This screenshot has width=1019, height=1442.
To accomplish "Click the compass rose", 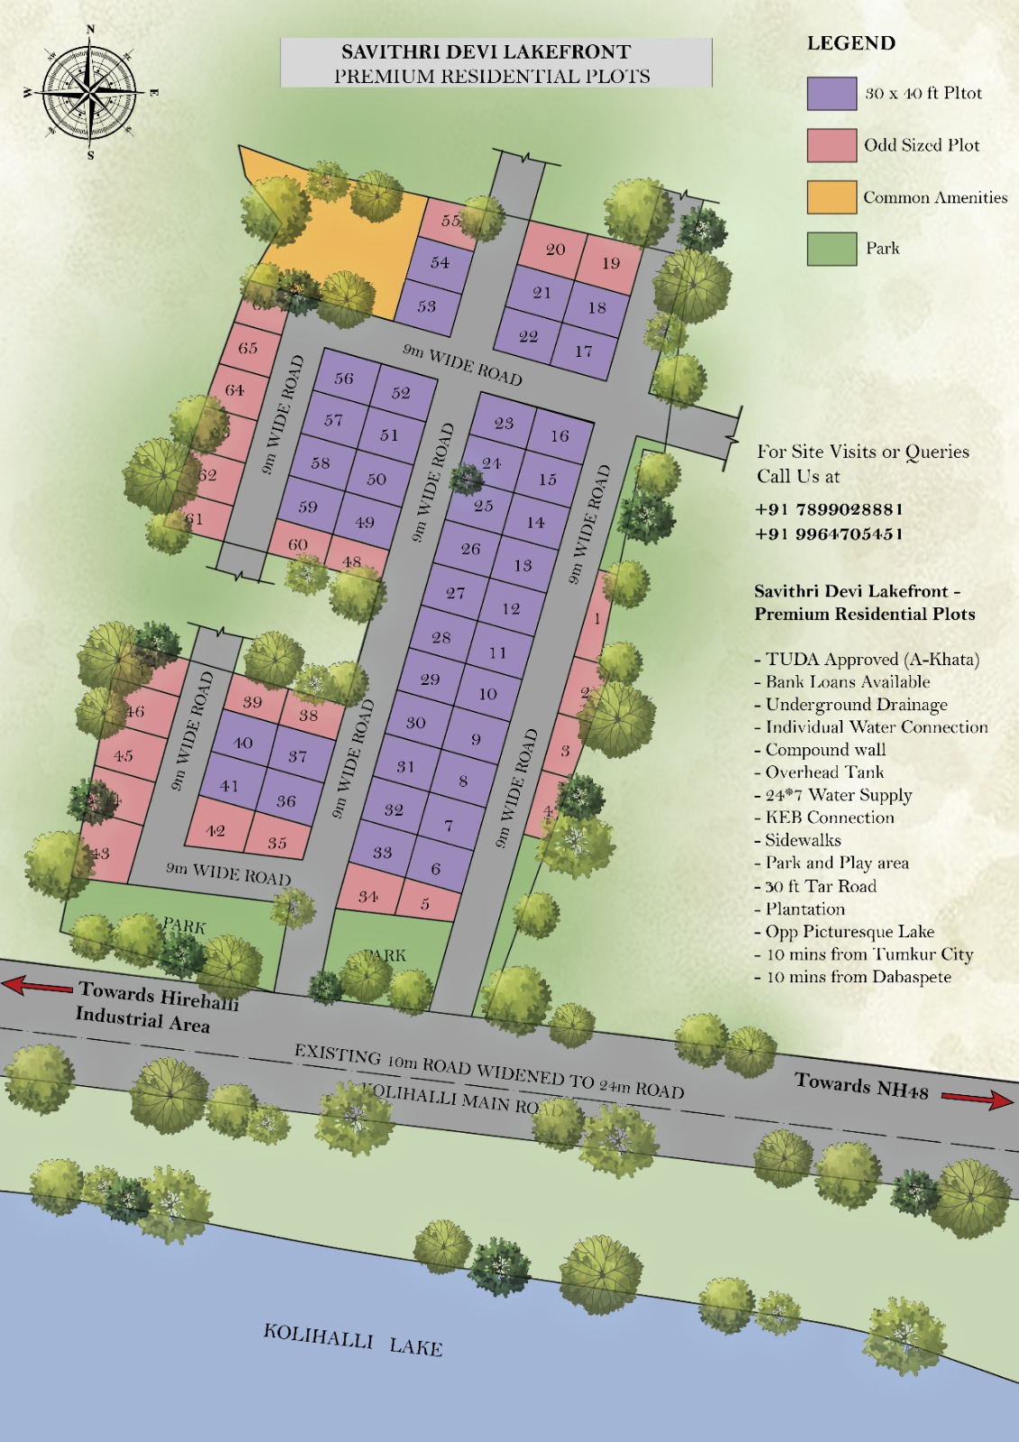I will pos(90,92).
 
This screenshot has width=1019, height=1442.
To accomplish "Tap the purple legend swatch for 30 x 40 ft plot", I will pos(831,94).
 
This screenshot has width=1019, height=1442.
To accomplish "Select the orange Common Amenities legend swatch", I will pos(831,197).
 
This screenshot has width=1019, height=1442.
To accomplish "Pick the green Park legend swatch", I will pos(831,249).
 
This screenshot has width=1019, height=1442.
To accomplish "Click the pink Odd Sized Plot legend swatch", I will pos(831,145).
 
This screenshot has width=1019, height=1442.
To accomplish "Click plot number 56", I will pos(344,379).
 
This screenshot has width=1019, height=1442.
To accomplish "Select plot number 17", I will pos(584,351).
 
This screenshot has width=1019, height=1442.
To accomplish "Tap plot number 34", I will pos(368,896).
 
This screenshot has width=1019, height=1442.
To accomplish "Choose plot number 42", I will pos(215,830).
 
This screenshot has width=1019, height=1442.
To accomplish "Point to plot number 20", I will pos(555,249).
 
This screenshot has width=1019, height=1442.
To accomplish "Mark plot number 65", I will pos(248,348).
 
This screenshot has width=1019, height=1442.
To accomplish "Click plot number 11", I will pos(497,653).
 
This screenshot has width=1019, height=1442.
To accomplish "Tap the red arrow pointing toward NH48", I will pos(977,1098).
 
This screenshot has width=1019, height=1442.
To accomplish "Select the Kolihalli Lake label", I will pos(352,1339).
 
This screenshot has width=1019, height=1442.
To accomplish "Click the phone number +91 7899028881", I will pos(829,509).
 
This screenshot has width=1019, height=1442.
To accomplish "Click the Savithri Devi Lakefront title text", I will pos(486,52).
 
